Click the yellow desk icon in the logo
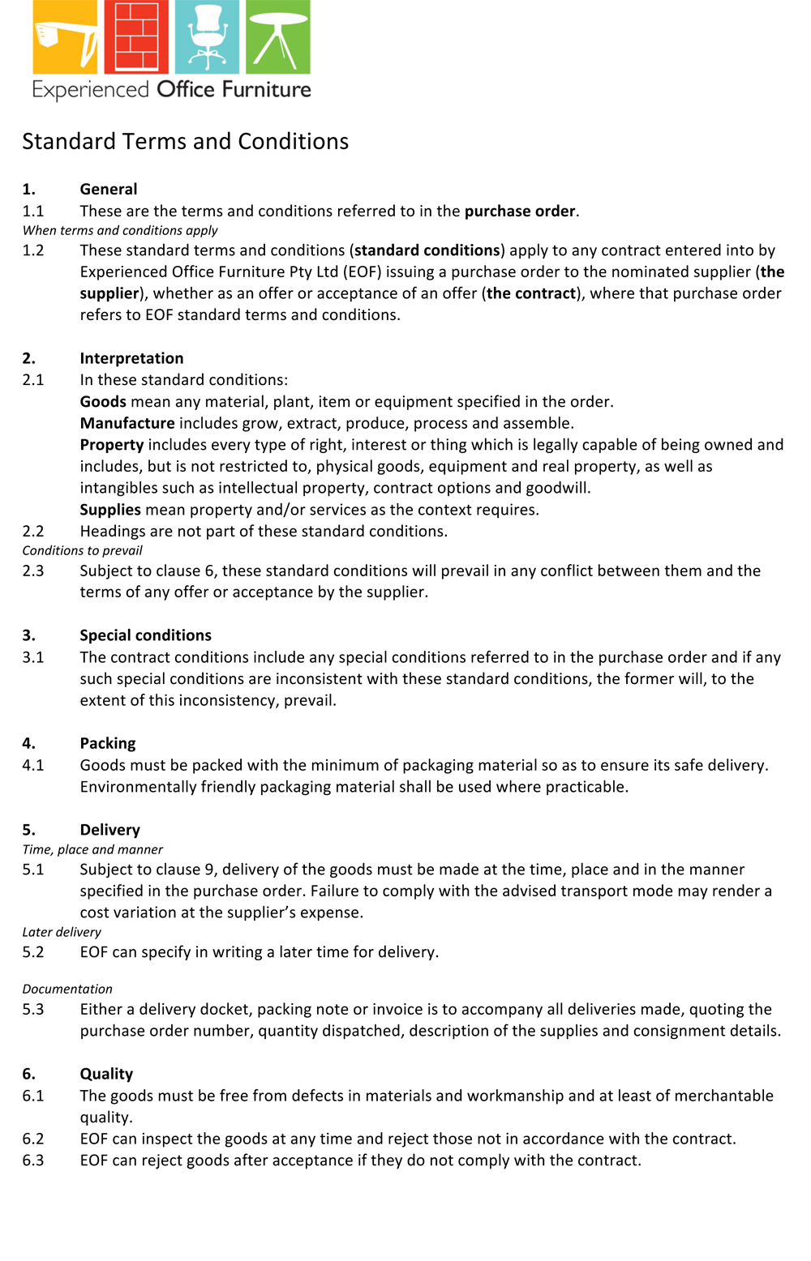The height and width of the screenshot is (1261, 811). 65,37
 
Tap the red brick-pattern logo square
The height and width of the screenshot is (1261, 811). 135,37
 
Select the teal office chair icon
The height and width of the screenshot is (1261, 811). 207,37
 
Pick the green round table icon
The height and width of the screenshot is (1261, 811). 277,37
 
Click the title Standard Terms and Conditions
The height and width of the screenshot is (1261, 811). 185,142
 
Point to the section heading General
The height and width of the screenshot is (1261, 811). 109,190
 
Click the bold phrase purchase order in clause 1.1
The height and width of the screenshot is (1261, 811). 520,212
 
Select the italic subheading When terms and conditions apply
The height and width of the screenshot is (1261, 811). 120,231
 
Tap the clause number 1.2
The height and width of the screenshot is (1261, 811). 33,250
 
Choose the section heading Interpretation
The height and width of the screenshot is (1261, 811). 131,358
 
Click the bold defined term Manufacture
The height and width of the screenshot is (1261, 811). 127,423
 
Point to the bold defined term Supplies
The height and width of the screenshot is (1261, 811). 110,510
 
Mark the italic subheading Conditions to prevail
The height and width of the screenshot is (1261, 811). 82,551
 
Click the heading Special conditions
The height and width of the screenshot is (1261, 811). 145,635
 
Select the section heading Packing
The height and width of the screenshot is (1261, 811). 108,743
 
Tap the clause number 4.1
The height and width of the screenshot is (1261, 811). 33,765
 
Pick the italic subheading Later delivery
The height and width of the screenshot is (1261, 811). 62,933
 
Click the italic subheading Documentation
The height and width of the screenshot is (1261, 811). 67,990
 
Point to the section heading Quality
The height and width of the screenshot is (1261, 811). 106,1074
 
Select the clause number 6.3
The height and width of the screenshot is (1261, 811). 33,1161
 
